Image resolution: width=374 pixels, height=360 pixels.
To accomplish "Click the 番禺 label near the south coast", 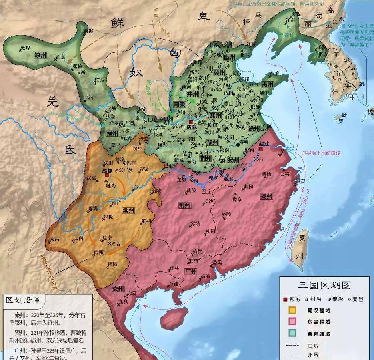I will pos(217,262).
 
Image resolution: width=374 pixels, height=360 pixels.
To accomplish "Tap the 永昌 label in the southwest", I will pos(54,239).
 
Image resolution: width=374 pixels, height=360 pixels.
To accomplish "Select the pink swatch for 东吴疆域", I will pos(293,321).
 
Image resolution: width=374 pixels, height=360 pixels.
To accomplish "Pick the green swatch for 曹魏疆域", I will pos(293,333).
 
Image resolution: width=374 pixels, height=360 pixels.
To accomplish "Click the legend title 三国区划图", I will pos(324,285).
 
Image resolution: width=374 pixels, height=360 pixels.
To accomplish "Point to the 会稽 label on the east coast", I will pos(285,174).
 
